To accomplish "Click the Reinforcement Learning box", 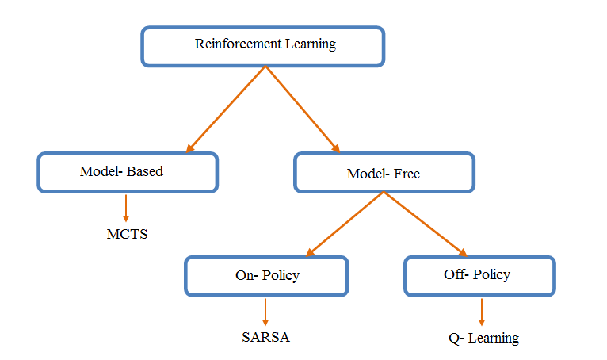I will (x=263, y=46).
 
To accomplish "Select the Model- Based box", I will (x=127, y=172).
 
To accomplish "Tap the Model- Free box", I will (x=384, y=173).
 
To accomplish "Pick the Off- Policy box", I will (x=478, y=275).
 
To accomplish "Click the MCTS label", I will (x=127, y=235).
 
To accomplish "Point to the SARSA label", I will (x=265, y=337).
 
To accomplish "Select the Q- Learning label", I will (x=483, y=339).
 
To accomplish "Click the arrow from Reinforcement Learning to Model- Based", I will (x=226, y=109).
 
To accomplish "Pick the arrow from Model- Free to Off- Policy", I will (x=426, y=224).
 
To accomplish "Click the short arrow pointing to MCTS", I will (x=126, y=208).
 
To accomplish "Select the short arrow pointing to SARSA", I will (x=265, y=311).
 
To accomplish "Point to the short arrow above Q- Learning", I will (x=482, y=312).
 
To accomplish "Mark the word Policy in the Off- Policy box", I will (x=491, y=275).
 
